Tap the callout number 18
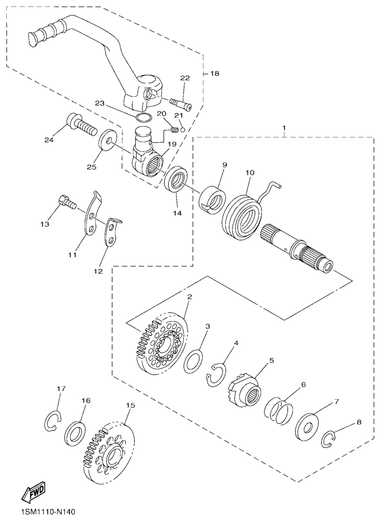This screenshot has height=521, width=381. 215,73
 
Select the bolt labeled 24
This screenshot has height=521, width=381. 82,124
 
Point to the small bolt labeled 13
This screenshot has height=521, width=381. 67,201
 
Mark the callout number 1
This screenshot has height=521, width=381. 284,128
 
